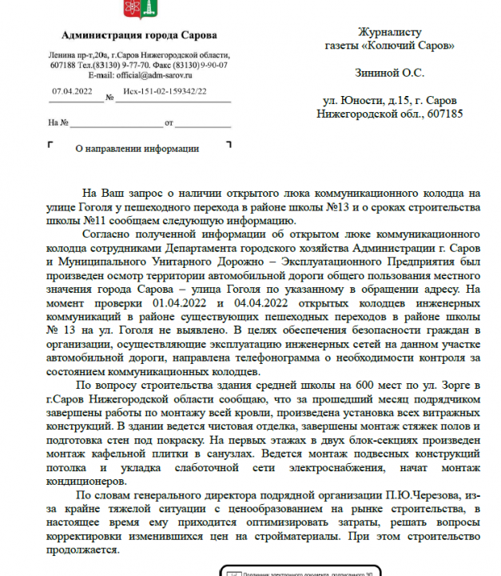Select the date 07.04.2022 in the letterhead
(x=73, y=92)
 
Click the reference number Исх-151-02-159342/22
(x=165, y=92)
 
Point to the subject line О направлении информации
(x=137, y=149)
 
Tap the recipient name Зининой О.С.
(x=389, y=73)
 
